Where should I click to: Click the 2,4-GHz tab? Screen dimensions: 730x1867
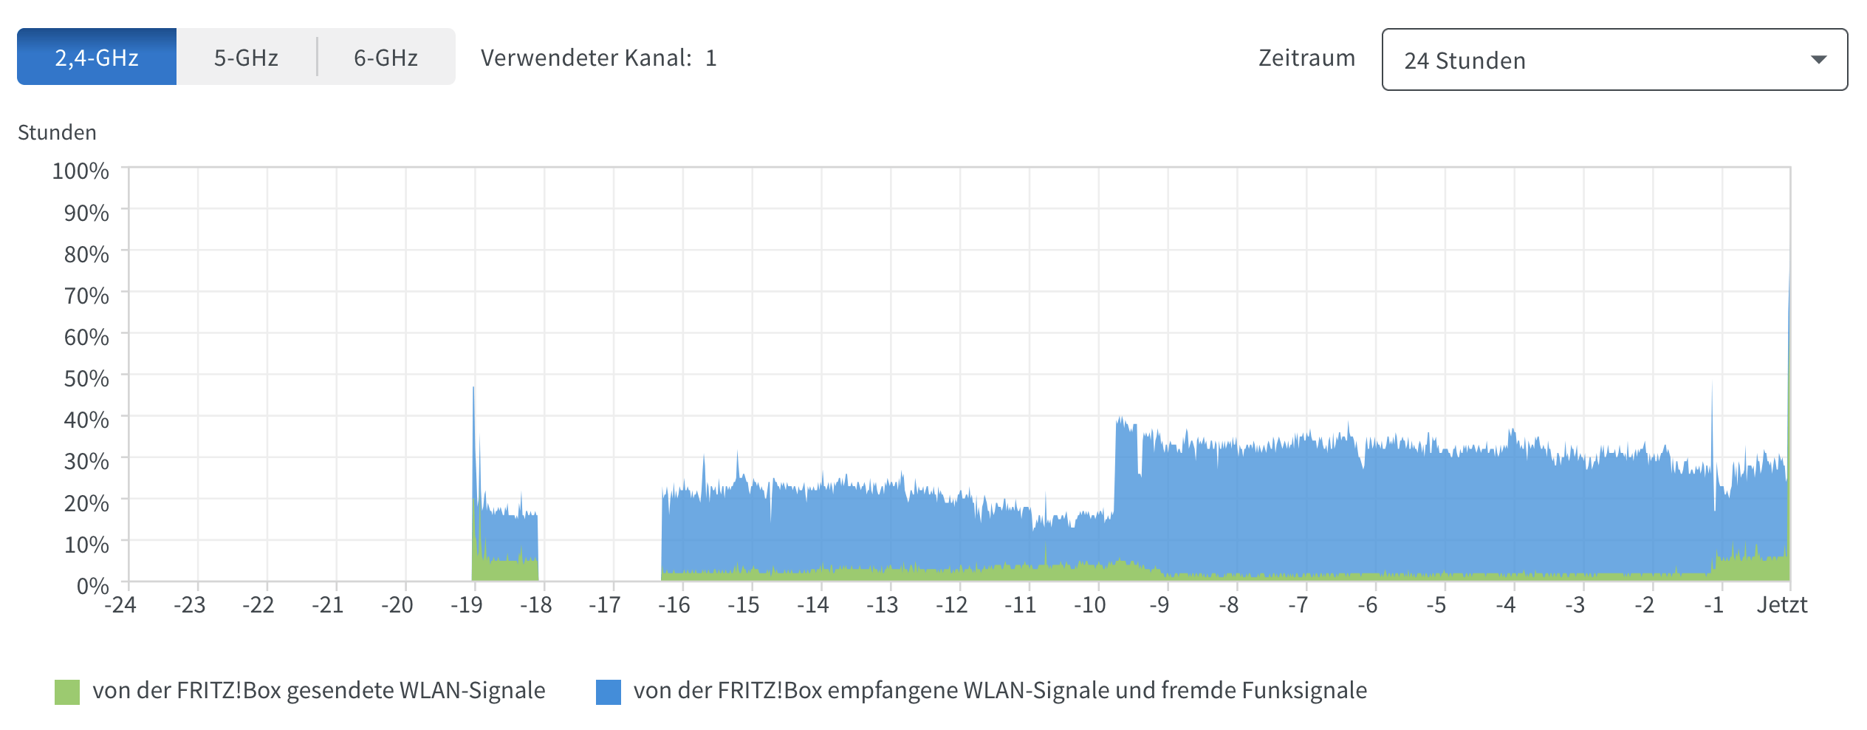97,57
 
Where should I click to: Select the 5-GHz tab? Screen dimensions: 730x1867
246,57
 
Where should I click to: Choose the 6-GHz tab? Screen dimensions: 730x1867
386,57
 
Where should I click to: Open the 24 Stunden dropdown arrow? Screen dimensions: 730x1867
1818,60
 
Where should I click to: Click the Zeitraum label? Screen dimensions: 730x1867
1306,58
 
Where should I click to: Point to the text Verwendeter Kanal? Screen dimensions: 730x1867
586,58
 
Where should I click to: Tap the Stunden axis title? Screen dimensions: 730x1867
57,132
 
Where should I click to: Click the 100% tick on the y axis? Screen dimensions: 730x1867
80,171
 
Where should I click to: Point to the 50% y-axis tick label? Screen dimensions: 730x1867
86,378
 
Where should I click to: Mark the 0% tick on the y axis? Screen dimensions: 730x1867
92,586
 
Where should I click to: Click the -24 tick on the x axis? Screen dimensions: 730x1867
120,605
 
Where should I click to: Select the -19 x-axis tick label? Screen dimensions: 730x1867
466,605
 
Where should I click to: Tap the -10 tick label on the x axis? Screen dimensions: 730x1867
1089,605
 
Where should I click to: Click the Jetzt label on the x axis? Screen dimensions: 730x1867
1781,605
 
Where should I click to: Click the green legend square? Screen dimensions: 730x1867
67,692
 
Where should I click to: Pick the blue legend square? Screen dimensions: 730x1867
609,692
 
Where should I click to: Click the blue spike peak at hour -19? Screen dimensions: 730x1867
473,389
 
